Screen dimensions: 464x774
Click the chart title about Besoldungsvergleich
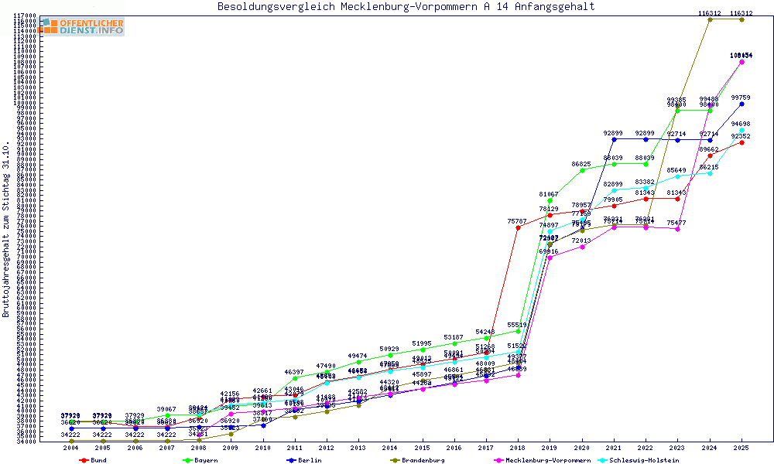(x=406, y=7)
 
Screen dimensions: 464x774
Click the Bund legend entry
(x=94, y=460)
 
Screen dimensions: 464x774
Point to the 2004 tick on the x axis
(x=70, y=447)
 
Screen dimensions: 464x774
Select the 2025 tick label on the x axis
(x=741, y=447)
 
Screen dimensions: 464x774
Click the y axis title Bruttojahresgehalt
(x=7, y=229)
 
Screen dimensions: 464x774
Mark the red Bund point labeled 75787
(x=518, y=227)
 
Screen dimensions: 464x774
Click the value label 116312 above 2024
(x=710, y=13)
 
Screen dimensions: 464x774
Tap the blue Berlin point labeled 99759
(x=741, y=104)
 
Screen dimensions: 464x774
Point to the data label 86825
(x=582, y=164)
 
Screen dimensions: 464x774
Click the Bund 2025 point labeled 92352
(x=741, y=142)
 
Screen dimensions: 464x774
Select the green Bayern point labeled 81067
(x=550, y=200)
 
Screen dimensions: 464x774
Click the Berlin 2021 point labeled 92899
(x=614, y=139)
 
